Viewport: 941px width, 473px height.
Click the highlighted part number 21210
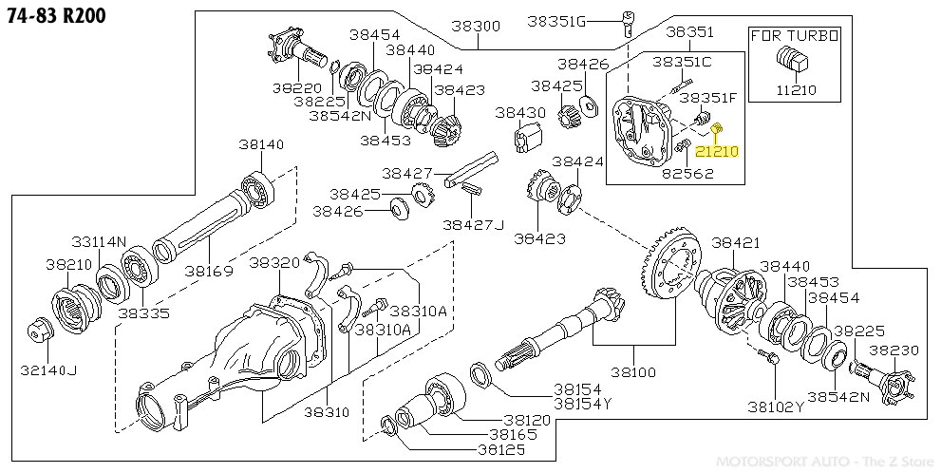pyautogui.click(x=716, y=151)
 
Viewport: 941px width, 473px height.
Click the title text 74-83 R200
pyautogui.click(x=53, y=15)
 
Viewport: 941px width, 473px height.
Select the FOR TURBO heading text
pyautogui.click(x=795, y=36)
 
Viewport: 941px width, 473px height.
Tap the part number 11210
pyautogui.click(x=796, y=92)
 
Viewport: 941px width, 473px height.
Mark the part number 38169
pyautogui.click(x=209, y=271)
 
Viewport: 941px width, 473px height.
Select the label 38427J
pyautogui.click(x=474, y=224)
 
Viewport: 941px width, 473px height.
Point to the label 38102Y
pyautogui.click(x=775, y=407)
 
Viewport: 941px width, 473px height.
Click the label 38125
pyautogui.click(x=501, y=449)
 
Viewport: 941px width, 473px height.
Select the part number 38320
pyautogui.click(x=273, y=262)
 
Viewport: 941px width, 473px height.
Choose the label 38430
pyautogui.click(x=519, y=112)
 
